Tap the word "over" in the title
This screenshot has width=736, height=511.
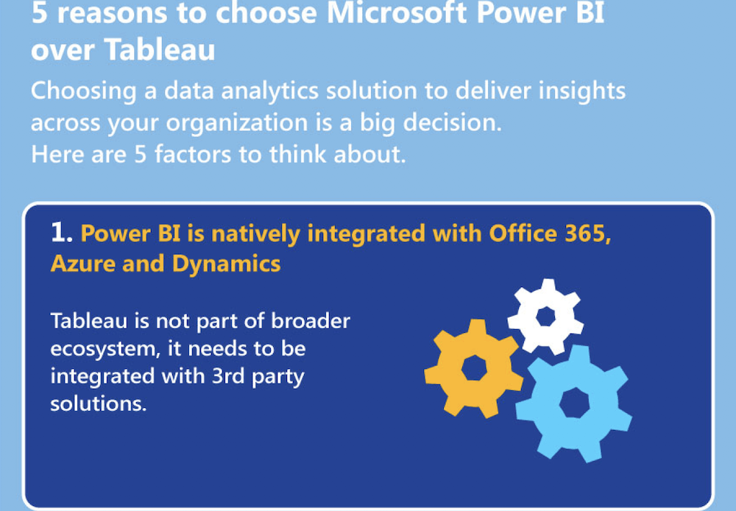[x=63, y=51]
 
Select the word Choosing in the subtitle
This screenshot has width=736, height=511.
[x=84, y=91]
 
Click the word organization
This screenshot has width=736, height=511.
[x=236, y=123]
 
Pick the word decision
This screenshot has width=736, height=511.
[x=453, y=122]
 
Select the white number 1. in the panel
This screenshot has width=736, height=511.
[x=62, y=233]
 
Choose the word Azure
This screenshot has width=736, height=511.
[x=82, y=264]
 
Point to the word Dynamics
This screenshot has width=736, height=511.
[x=226, y=264]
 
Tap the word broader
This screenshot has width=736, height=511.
[x=311, y=321]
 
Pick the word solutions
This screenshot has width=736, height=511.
[x=99, y=403]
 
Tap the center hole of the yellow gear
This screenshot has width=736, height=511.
[x=474, y=367]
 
